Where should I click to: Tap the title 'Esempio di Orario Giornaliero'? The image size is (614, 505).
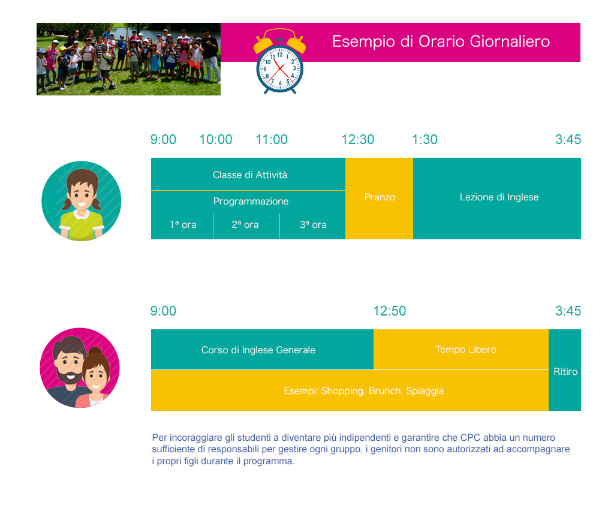pyautogui.click(x=441, y=41)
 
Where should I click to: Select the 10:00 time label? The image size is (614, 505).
pyautogui.click(x=216, y=140)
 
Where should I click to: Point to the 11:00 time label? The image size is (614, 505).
pyautogui.click(x=272, y=140)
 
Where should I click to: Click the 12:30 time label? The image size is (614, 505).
pyautogui.click(x=358, y=140)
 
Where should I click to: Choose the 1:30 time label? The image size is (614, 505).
pyautogui.click(x=425, y=140)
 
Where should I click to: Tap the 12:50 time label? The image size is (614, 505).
pyautogui.click(x=390, y=311)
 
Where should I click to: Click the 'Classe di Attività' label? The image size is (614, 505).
pyautogui.click(x=250, y=175)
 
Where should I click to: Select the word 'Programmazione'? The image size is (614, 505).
pyautogui.click(x=251, y=202)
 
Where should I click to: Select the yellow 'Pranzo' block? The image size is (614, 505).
pyautogui.click(x=379, y=199)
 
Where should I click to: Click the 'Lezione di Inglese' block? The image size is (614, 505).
pyautogui.click(x=497, y=199)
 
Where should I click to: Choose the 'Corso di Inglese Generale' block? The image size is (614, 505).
pyautogui.click(x=263, y=350)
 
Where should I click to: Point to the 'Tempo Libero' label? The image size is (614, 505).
pyautogui.click(x=465, y=350)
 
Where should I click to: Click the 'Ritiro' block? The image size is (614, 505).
pyautogui.click(x=565, y=370)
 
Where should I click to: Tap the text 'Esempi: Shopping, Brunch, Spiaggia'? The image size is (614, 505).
pyautogui.click(x=364, y=391)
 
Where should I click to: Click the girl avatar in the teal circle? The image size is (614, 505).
pyautogui.click(x=82, y=201)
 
